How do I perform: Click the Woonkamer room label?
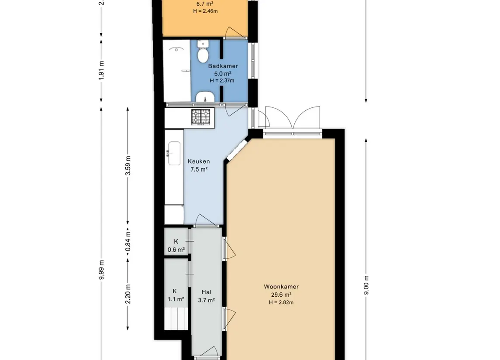coord(281,287)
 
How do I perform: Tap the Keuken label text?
coord(199,161)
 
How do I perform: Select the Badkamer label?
coord(223,66)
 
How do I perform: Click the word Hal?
coord(206,292)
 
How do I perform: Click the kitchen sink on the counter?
coord(174,154)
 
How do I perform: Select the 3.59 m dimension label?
coord(128,166)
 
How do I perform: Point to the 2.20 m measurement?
coord(128,294)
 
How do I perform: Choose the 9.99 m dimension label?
coord(101,270)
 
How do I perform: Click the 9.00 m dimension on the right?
coord(366,285)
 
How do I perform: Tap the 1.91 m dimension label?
coord(101,70)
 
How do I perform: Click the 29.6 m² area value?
coord(281,295)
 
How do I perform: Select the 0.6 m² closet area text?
coord(176,250)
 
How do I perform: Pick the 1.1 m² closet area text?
coord(176,299)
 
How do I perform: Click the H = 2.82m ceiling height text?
coord(281,302)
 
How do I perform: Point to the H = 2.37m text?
coord(222,81)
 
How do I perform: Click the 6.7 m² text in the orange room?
coord(205,4)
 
